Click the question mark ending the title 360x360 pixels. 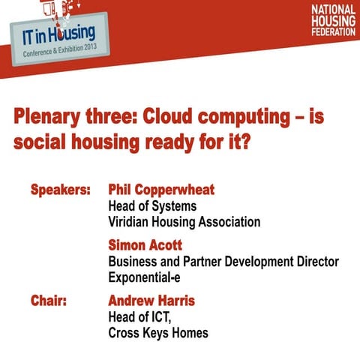(246, 142)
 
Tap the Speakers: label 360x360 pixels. (60, 189)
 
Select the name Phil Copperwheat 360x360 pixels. (161, 189)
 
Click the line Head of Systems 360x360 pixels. (152, 205)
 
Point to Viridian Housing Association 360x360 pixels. (184, 222)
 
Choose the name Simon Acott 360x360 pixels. (145, 245)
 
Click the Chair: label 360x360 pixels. (49, 301)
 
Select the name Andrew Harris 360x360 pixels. (151, 301)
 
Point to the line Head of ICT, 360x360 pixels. (140, 317)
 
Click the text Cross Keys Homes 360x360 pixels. (158, 333)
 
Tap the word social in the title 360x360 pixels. (37, 142)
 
